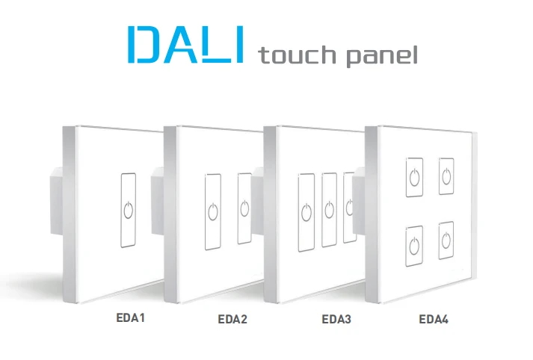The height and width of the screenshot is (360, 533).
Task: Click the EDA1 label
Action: [x=129, y=318]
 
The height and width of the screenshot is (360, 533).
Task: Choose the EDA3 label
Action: [x=336, y=320]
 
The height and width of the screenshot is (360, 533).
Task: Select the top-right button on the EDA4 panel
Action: [x=447, y=176]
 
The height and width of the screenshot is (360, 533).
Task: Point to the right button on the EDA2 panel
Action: [x=244, y=208]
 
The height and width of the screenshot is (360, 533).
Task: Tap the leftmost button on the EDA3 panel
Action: [x=305, y=212]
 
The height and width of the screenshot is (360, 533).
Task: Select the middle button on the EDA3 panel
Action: [x=329, y=210]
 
